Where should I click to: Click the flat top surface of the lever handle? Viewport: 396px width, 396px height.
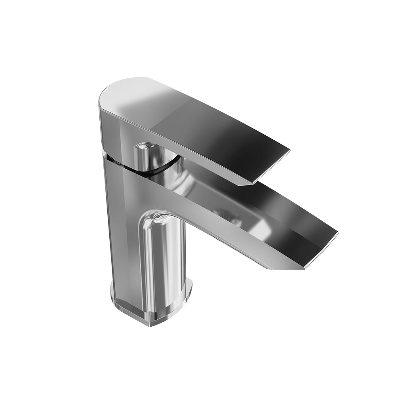point(198,115)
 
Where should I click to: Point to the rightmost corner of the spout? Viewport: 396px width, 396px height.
point(338,233)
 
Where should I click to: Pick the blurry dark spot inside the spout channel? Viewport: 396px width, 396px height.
point(234,218)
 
